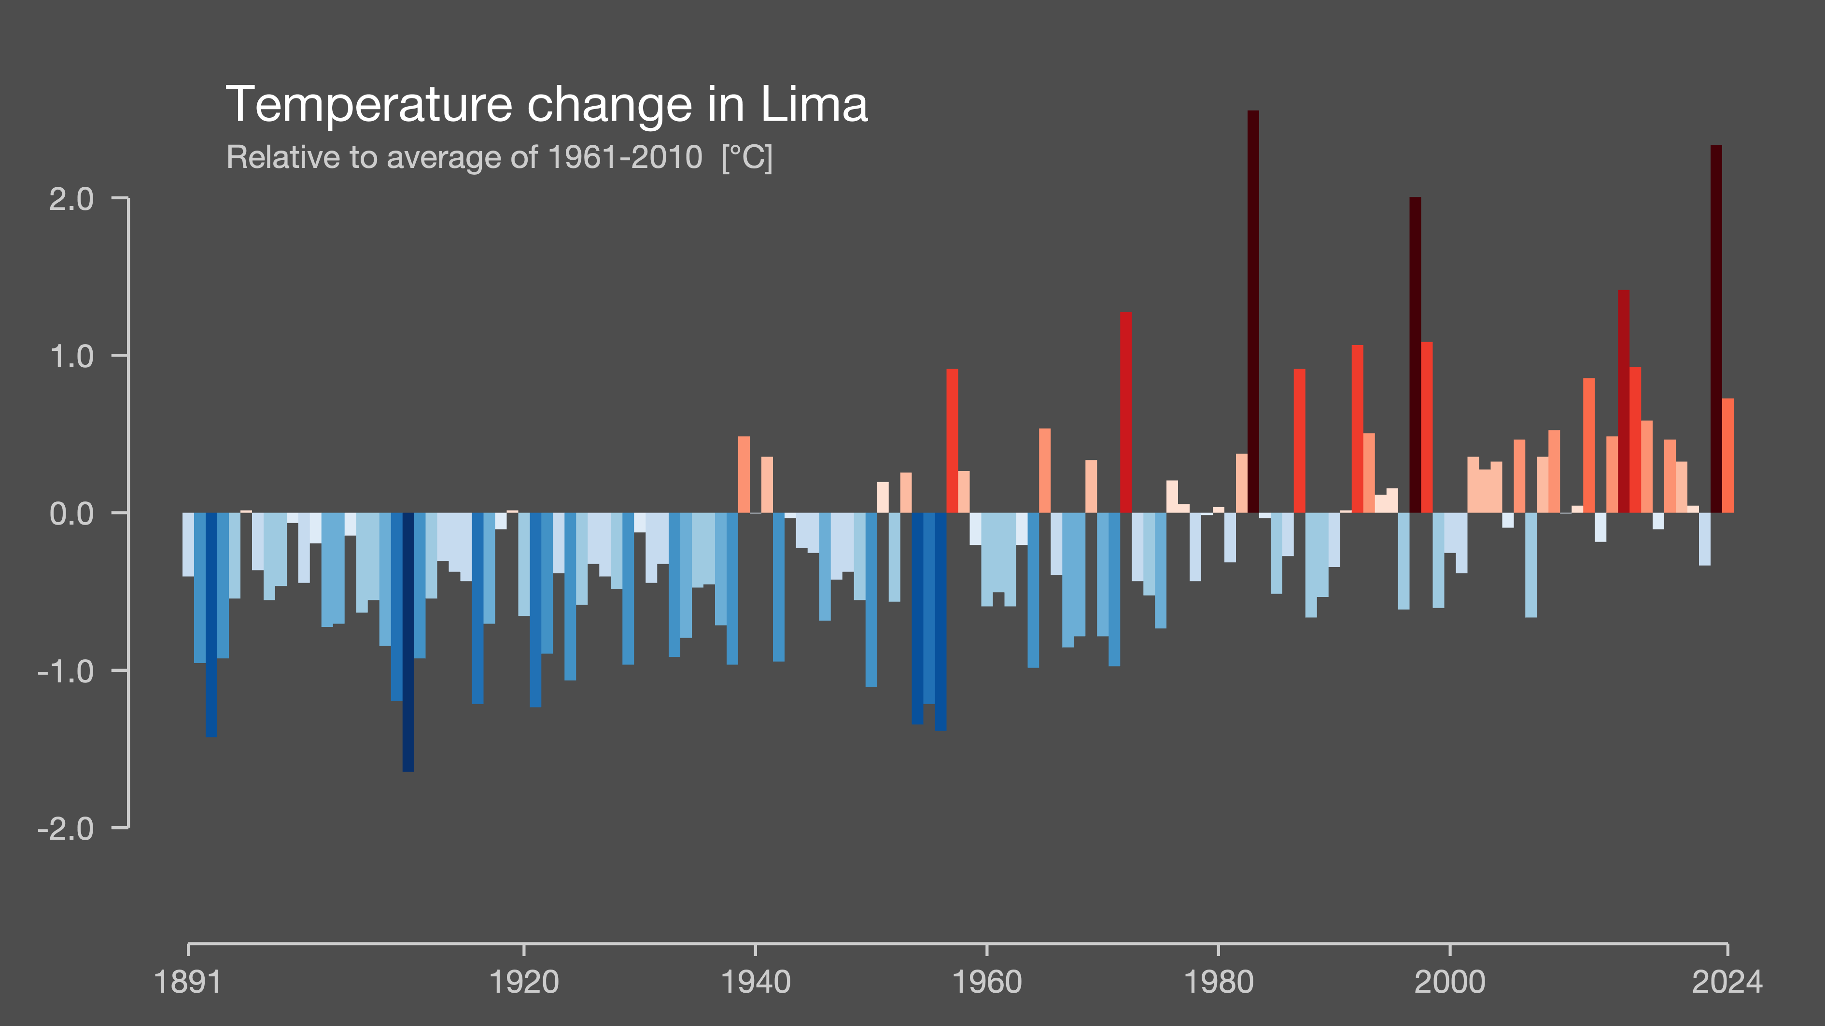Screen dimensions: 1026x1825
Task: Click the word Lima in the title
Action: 814,105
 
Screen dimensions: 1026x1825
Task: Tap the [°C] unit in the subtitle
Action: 747,157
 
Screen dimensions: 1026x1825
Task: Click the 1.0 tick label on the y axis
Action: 71,356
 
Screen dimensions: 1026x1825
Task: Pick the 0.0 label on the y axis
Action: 71,513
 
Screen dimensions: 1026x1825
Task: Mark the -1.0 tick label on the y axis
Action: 65,670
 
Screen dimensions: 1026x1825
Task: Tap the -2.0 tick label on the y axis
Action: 65,828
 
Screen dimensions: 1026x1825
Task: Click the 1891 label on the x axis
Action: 188,982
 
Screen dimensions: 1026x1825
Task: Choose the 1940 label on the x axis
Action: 755,982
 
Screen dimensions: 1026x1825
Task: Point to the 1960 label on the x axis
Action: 986,982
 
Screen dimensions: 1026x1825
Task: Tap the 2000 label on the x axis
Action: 1449,982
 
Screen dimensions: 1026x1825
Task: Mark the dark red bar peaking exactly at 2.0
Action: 1415,354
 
